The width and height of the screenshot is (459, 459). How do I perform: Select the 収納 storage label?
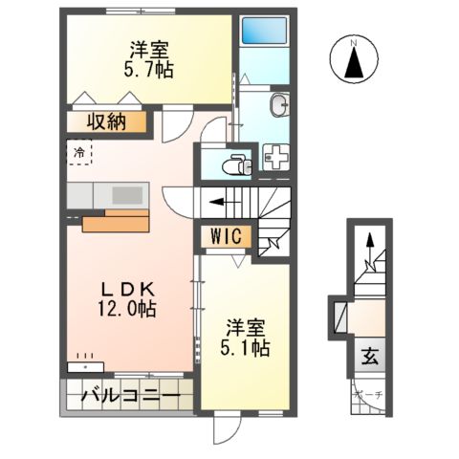pyautogui.click(x=107, y=122)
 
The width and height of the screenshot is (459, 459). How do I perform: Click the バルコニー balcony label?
pyautogui.click(x=129, y=394)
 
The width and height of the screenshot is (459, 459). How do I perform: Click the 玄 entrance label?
pyautogui.click(x=368, y=358)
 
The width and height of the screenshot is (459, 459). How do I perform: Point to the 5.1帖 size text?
pyautogui.click(x=246, y=345)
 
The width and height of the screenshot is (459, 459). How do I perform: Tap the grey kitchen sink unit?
pyautogui.click(x=106, y=193)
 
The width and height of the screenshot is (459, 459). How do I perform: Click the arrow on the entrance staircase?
pyautogui.click(x=368, y=249)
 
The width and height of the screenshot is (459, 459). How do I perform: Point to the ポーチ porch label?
pyautogui.click(x=367, y=394)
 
